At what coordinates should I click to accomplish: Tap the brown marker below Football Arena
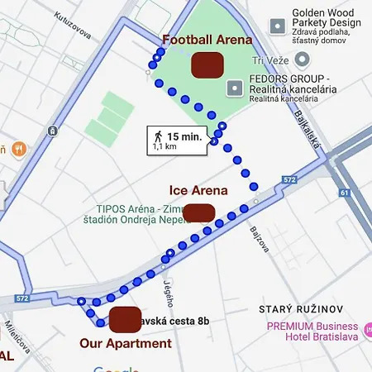pos(207,64)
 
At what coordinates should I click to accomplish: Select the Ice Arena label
pos(198,190)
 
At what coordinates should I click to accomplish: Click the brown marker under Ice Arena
pos(198,212)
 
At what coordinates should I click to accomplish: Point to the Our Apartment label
pos(126,343)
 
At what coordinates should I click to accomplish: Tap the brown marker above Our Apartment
pos(125,317)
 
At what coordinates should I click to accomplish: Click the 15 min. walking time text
pos(184,136)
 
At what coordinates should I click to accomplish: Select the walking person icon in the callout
pos(157,136)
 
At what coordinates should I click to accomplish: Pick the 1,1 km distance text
pos(165,147)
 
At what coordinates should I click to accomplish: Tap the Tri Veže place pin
pos(303,60)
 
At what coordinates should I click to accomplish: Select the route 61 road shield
pos(343,193)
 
